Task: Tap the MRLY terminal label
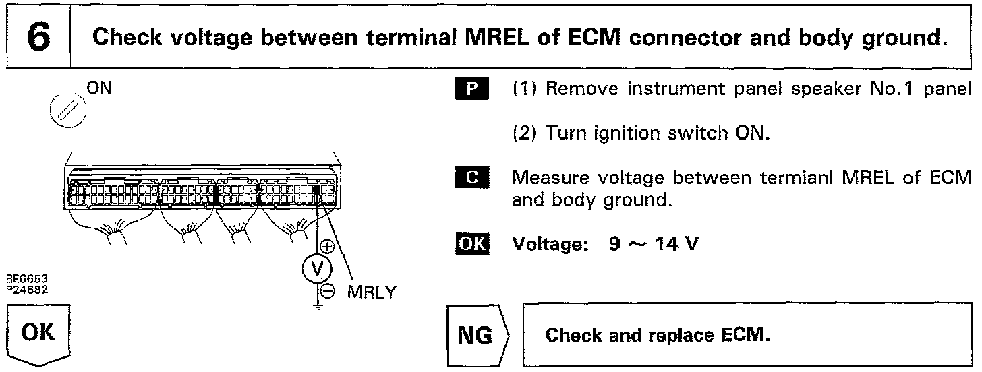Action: (x=372, y=292)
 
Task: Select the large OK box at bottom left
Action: (x=38, y=334)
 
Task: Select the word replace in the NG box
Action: (x=678, y=335)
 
